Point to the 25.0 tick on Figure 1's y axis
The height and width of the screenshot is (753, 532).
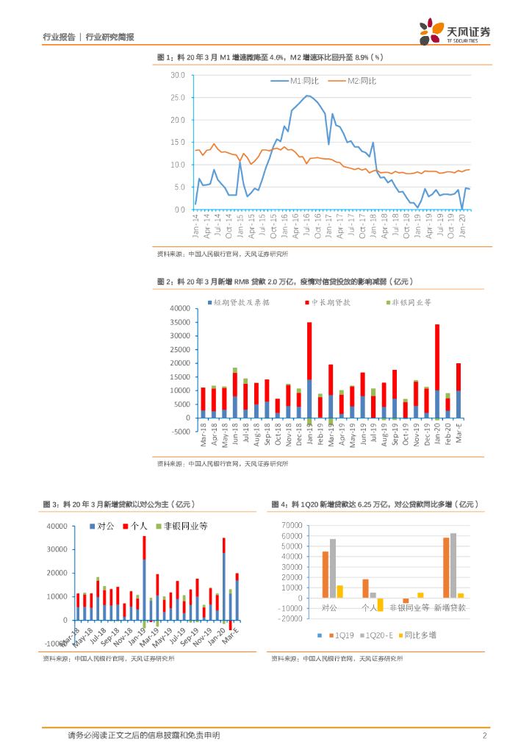[x=178, y=97]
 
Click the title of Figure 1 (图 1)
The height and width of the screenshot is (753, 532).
[x=270, y=57]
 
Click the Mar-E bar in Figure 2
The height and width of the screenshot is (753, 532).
[x=459, y=390]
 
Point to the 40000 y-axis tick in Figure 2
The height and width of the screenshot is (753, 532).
[x=179, y=309]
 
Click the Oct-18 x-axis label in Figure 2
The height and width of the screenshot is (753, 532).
[x=278, y=435]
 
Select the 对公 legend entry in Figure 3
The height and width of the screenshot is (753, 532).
[x=102, y=526]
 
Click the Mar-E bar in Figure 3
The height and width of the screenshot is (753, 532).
[x=237, y=596]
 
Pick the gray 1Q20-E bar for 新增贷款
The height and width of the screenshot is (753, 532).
[x=453, y=565]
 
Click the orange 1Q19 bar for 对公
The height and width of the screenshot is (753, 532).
[x=326, y=574]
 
